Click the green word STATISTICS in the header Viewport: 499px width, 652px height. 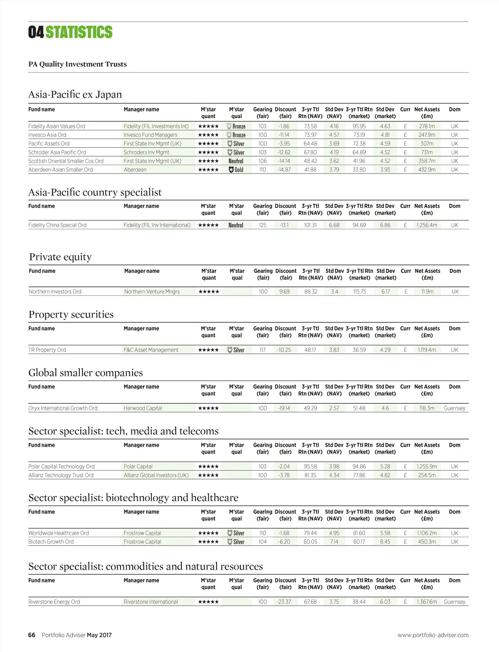[x=79, y=32]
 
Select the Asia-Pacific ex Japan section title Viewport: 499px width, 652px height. [x=75, y=94]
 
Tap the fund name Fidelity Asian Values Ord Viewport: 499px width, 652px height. [x=57, y=126]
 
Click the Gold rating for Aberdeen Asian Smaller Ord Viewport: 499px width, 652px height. [x=236, y=170]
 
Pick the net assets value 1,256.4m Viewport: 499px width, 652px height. [x=427, y=225]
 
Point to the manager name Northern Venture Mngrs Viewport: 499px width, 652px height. [x=152, y=292]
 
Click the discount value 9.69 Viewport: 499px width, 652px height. [x=284, y=292]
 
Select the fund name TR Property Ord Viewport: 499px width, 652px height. [x=47, y=350]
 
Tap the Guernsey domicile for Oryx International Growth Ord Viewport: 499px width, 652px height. [x=455, y=408]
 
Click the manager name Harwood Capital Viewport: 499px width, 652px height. [x=143, y=408]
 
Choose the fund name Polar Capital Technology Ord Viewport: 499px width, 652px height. [x=62, y=466]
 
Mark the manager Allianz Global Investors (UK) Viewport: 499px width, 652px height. [x=156, y=475]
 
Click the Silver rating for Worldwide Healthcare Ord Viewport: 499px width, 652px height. [x=236, y=533]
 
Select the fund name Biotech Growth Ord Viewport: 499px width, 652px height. [x=51, y=542]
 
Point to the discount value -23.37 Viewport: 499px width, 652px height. [x=284, y=602]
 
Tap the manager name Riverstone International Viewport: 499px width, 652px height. [x=151, y=602]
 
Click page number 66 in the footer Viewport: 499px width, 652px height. [x=32, y=635]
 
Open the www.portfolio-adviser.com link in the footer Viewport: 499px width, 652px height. [x=433, y=635]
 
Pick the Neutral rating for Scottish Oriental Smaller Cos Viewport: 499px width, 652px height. [x=236, y=161]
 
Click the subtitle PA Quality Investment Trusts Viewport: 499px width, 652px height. [x=77, y=64]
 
